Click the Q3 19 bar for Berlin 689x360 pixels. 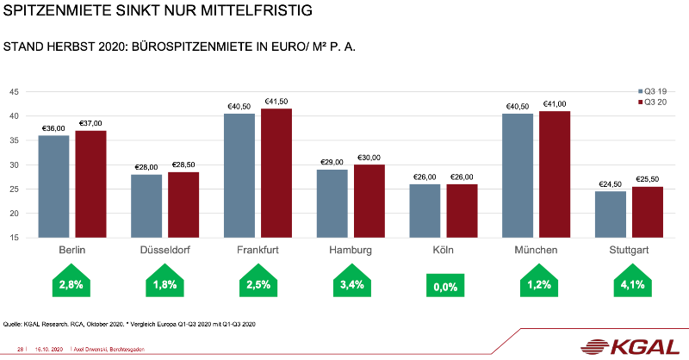coord(53,186)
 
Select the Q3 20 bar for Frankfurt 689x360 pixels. coord(276,173)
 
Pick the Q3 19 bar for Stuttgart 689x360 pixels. coord(611,214)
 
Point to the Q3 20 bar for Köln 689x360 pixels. coord(462,211)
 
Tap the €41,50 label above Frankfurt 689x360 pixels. coord(276,101)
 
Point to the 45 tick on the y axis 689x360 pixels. coord(14,92)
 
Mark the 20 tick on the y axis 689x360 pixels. coord(14,214)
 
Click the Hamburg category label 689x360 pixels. coord(351,251)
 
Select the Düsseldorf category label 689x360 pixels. coord(164,251)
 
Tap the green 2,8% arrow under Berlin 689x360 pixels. coord(71,284)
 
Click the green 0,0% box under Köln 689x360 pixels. coord(444,286)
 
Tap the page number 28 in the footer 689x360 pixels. coord(21,349)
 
